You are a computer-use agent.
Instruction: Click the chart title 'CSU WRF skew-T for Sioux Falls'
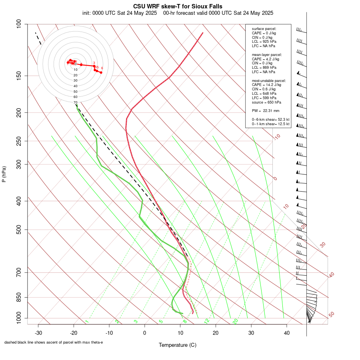click(x=178, y=6)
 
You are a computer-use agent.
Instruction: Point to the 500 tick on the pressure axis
click(x=19, y=230)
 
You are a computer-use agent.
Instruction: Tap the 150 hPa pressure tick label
click(x=19, y=76)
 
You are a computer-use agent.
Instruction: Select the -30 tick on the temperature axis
click(x=38, y=333)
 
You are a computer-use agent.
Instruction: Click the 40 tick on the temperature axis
click(x=286, y=333)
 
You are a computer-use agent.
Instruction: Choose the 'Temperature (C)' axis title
click(x=178, y=345)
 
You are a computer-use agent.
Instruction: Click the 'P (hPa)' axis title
click(x=4, y=174)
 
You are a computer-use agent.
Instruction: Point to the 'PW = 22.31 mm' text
click(x=266, y=110)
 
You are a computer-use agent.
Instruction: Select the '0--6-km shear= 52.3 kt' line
click(x=271, y=120)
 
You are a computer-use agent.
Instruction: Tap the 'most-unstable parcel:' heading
click(x=266, y=80)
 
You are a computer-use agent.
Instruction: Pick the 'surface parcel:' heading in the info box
click(x=264, y=29)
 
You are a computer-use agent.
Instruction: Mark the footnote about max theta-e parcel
click(x=54, y=342)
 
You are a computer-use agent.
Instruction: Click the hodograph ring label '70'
click(x=75, y=102)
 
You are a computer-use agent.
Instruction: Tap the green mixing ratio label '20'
click(x=236, y=321)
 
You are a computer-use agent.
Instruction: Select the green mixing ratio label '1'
click(x=87, y=322)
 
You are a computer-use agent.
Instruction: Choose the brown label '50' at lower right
click(x=331, y=315)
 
